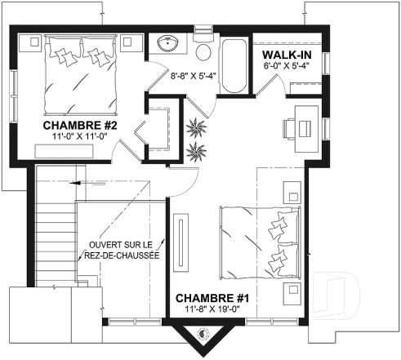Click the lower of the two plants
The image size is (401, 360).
coord(197,150)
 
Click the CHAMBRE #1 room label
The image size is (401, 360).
coord(212,298)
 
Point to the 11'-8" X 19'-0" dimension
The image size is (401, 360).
coord(212,310)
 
